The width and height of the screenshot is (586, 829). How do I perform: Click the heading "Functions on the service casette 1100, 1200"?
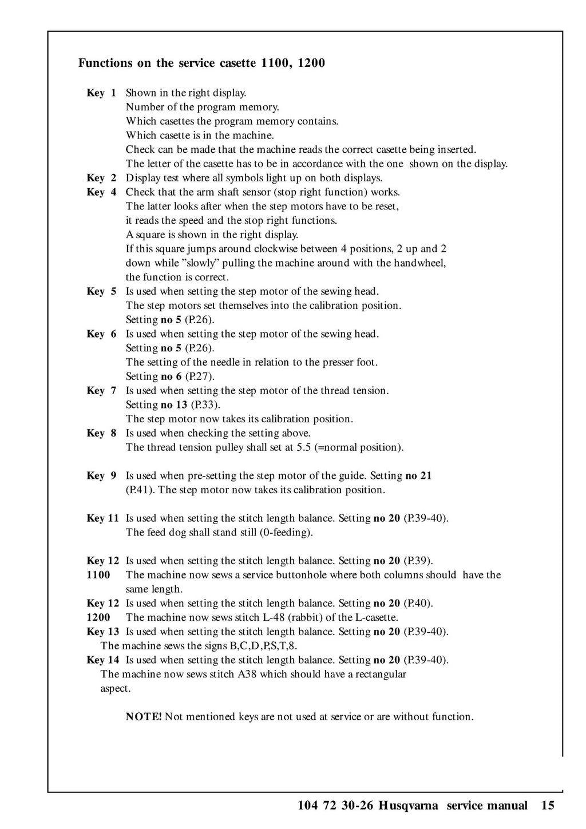(x=201, y=63)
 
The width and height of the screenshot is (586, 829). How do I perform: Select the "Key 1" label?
(x=101, y=93)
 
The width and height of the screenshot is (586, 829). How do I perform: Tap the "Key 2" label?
(x=101, y=178)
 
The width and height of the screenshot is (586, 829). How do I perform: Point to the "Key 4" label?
(x=101, y=192)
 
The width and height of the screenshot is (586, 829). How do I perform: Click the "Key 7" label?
(x=101, y=391)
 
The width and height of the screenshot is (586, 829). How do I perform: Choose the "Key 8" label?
(x=101, y=433)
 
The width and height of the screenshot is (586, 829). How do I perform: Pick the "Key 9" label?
(x=101, y=475)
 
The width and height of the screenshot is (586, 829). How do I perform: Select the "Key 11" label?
(x=103, y=518)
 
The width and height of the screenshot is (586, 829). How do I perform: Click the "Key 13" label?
(x=103, y=632)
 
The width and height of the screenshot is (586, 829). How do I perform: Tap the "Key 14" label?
(x=103, y=660)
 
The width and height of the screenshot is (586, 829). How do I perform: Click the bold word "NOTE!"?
(x=144, y=717)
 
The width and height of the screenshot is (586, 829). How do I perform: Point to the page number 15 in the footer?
(x=548, y=806)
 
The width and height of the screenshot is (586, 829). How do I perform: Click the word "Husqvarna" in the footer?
(x=408, y=806)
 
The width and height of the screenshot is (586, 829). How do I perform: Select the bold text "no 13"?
(x=174, y=405)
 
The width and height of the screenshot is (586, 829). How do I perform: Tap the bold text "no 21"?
(x=418, y=475)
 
